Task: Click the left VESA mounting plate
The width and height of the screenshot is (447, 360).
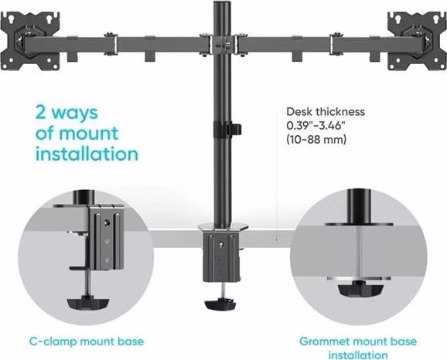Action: pos(30,41)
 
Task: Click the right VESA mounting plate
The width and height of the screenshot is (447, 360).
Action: pos(417,41)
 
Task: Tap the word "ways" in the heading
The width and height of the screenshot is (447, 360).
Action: pos(75,113)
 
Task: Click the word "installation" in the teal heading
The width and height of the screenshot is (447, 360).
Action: pos(87,154)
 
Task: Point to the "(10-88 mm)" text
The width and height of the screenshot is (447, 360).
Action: pos(316,140)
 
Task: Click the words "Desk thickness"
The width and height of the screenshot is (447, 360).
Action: pos(326,112)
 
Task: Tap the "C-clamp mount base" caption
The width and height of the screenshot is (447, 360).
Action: pos(87,341)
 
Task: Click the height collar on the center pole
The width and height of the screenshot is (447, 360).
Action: pos(227,129)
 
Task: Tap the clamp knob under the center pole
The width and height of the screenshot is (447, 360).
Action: pos(220,304)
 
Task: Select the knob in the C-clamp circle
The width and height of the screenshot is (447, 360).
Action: pos(88,303)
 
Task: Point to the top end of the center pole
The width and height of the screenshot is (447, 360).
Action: pos(223,2)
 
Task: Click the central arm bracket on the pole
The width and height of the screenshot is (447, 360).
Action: pos(223,45)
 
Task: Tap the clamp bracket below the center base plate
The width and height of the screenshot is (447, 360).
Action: pos(220,257)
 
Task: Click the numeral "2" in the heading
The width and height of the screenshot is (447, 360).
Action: pos(41,112)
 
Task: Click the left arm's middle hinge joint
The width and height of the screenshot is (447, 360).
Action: pos(111,44)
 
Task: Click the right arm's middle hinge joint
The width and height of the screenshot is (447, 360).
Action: pos(336,44)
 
